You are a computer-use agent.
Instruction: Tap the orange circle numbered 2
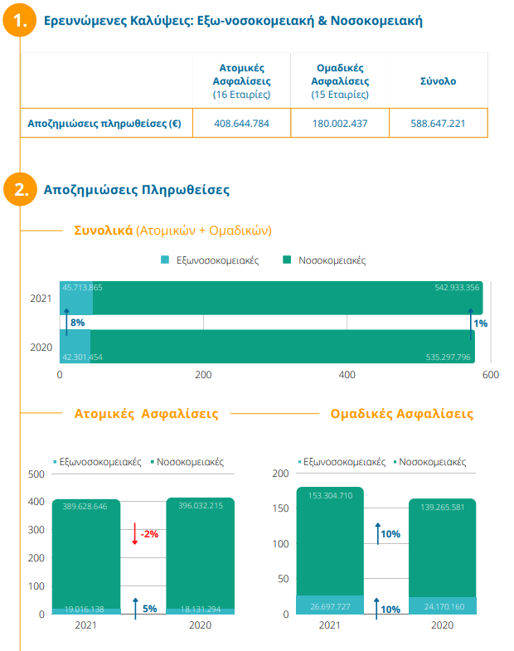tap(19, 189)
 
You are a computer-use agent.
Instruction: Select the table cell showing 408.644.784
tap(241, 123)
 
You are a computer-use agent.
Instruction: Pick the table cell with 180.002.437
tap(340, 123)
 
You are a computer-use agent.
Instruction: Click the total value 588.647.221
tap(438, 123)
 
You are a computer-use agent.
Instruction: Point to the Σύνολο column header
tap(438, 81)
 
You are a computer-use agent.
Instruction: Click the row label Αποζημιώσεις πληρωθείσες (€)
tap(104, 123)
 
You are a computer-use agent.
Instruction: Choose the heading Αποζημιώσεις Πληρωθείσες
tap(136, 190)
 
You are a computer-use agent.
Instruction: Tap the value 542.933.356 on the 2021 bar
tap(456, 288)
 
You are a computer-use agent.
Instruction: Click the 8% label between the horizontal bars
tap(77, 322)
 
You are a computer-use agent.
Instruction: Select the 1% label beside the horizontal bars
tap(481, 323)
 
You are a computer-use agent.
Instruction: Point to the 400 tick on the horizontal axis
tap(347, 375)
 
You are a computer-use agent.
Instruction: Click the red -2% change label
tap(149, 534)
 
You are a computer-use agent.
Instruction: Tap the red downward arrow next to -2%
tap(134, 533)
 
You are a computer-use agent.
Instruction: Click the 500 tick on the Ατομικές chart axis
tap(36, 474)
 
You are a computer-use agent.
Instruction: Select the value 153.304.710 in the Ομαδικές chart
tap(330, 495)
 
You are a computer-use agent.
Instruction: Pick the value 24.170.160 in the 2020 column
tap(442, 608)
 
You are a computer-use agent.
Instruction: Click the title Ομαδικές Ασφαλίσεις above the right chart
tap(401, 413)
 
